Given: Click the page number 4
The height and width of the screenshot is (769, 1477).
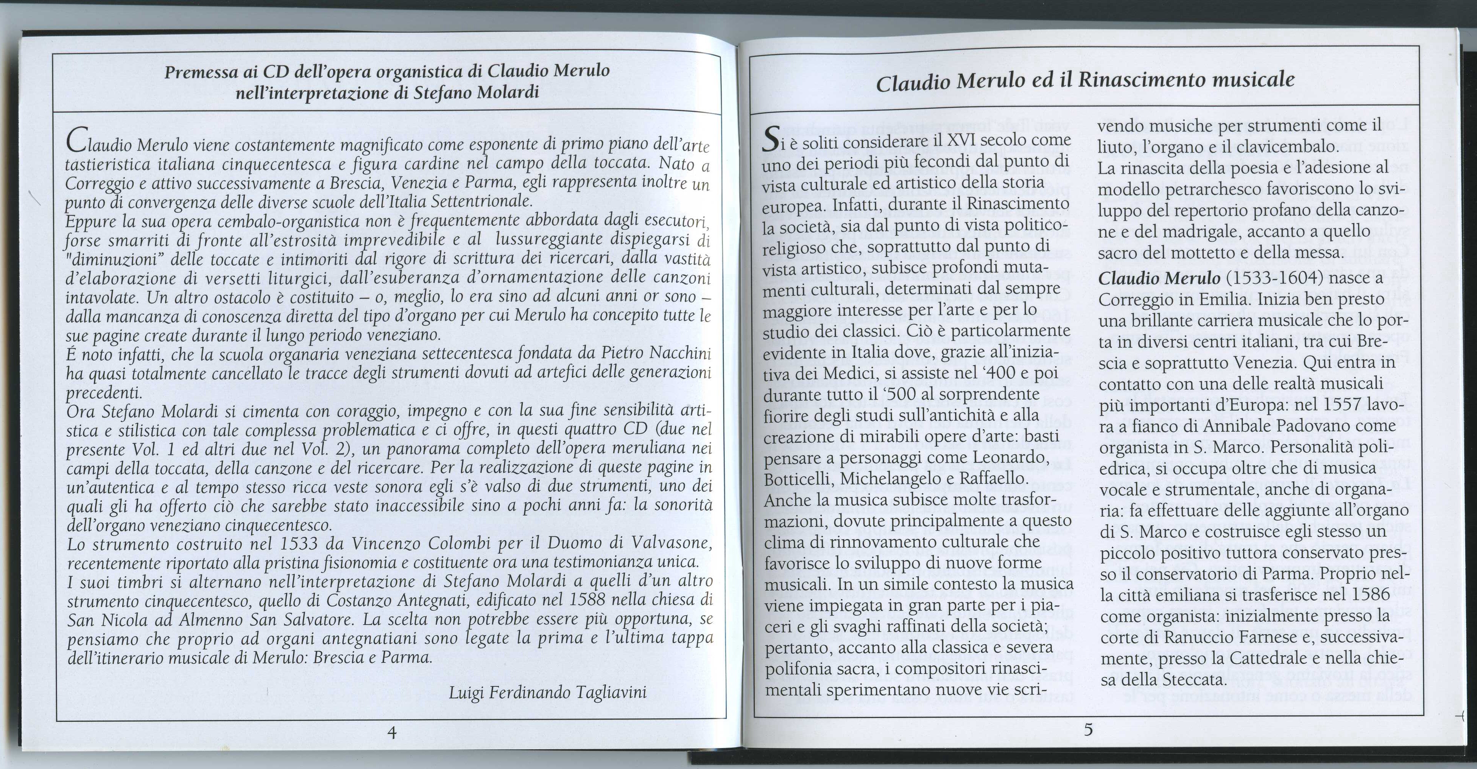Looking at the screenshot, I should (x=392, y=732).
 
